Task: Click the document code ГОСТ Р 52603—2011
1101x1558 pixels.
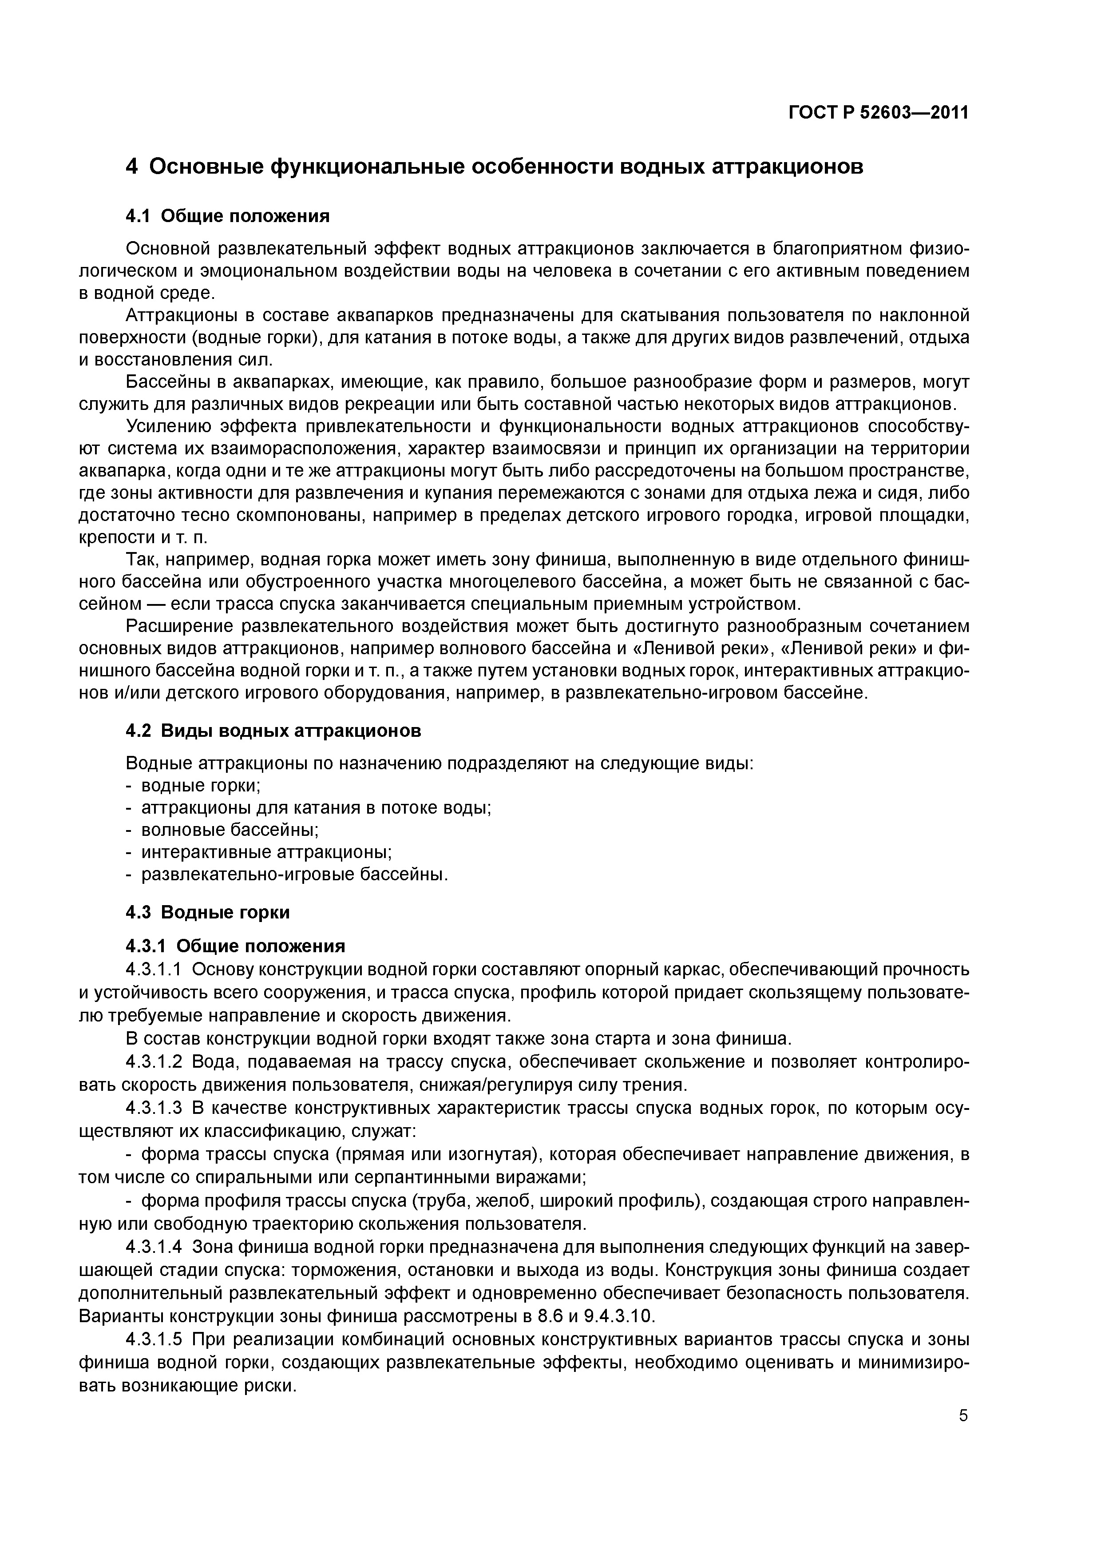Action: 878,113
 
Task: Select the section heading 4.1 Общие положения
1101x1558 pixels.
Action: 228,216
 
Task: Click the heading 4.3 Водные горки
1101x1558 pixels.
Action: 208,912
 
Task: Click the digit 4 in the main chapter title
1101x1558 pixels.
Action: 132,166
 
